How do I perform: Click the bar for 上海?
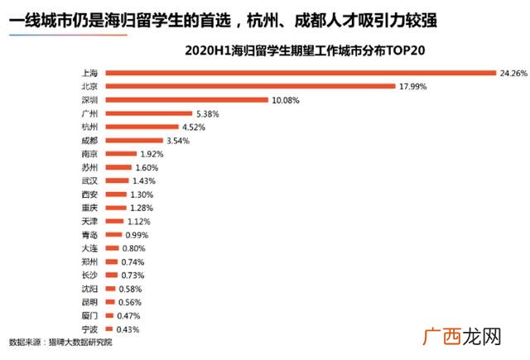coord(300,73)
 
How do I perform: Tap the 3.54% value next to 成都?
coord(178,141)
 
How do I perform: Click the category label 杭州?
coord(89,127)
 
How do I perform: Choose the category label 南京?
coord(89,154)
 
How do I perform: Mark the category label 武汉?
coord(89,180)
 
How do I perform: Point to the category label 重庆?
coord(89,208)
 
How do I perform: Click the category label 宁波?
coord(89,329)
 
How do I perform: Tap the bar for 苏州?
coord(118,167)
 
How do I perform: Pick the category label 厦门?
coord(89,316)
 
